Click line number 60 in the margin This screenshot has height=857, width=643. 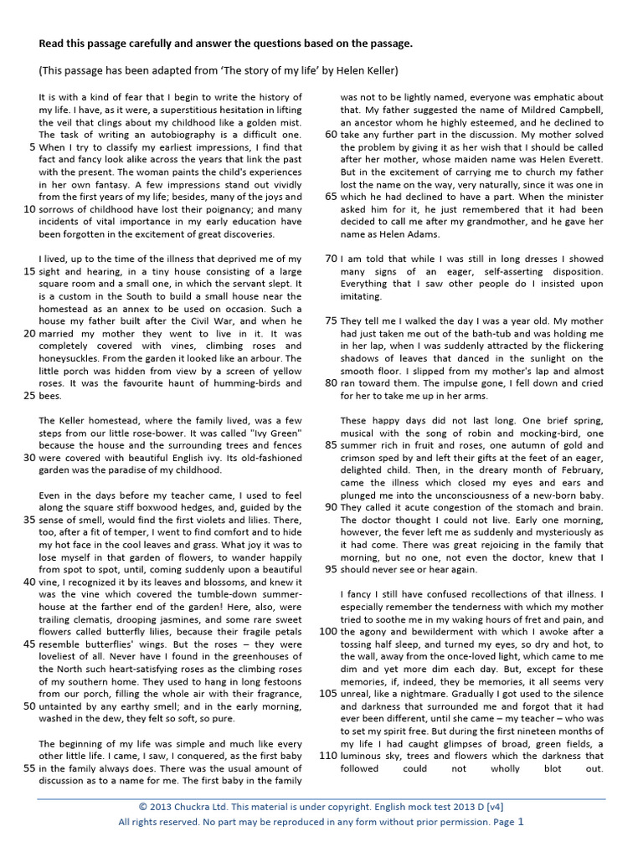tap(330, 134)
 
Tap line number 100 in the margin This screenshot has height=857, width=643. tap(327, 630)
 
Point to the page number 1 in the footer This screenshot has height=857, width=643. tap(520, 821)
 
